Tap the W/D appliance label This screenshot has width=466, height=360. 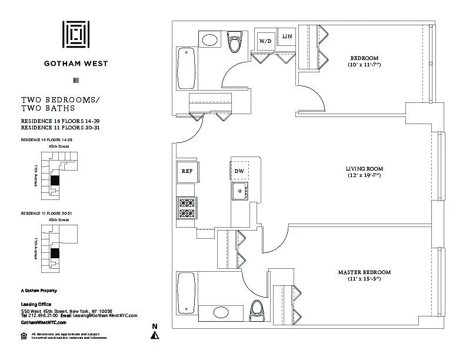click(265, 41)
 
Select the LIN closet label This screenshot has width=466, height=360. click(287, 37)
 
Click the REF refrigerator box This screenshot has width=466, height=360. click(187, 171)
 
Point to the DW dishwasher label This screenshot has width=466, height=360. click(239, 171)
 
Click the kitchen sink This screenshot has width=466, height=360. click(239, 189)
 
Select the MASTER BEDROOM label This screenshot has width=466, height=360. click(364, 272)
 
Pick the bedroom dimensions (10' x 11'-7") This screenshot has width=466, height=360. click(364, 65)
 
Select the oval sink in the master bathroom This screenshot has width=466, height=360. click(221, 312)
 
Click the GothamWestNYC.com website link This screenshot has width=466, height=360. click(44, 322)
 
